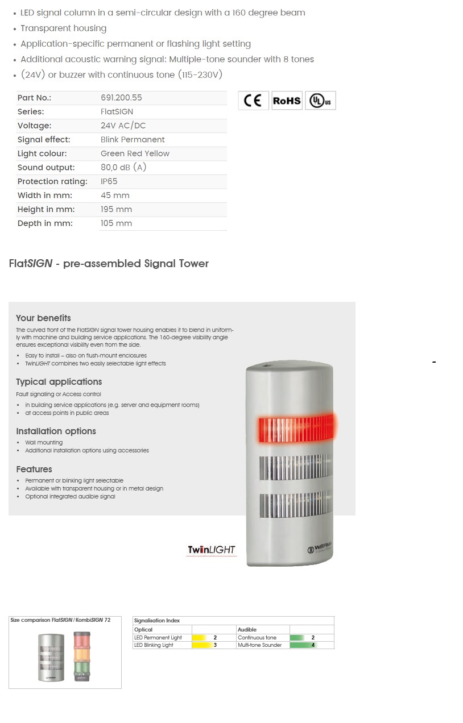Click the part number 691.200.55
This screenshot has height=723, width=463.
click(x=121, y=98)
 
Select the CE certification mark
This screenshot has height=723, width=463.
click(x=253, y=101)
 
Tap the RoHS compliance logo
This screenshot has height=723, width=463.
click(x=287, y=101)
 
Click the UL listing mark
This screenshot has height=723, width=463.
click(x=320, y=101)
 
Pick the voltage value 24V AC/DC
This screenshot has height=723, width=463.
click(x=123, y=126)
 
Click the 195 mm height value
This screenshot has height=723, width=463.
click(x=116, y=209)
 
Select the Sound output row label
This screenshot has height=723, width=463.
click(x=46, y=168)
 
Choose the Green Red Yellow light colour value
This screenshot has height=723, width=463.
click(x=135, y=153)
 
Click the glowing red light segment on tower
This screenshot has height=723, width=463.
click(x=296, y=427)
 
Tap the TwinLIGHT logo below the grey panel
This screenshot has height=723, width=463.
click(x=212, y=550)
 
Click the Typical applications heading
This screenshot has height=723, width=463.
click(x=59, y=382)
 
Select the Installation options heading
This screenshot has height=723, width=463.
click(x=56, y=431)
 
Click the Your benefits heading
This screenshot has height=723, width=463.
click(x=43, y=318)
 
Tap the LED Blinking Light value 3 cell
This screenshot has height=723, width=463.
click(x=214, y=645)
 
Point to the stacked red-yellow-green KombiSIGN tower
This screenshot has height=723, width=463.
click(x=82, y=656)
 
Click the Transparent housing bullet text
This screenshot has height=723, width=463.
click(x=63, y=28)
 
